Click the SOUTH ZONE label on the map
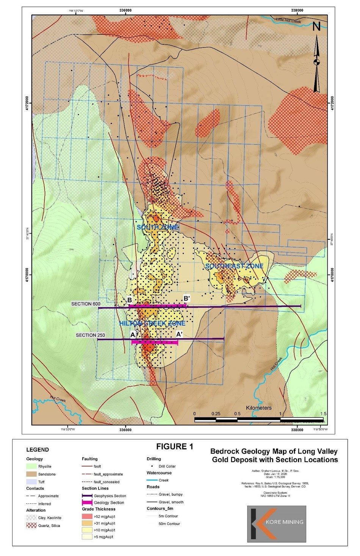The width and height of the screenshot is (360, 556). pyautogui.click(x=157, y=227)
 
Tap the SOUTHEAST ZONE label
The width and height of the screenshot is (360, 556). pyautogui.click(x=234, y=266)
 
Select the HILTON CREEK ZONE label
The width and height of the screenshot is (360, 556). pyautogui.click(x=152, y=323)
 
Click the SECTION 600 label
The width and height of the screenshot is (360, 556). pyautogui.click(x=86, y=304)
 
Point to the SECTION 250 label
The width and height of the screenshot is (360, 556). pyautogui.click(x=90, y=335)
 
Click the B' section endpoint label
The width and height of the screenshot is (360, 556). pyautogui.click(x=186, y=298)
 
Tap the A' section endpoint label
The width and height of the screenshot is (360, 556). pyautogui.click(x=180, y=334)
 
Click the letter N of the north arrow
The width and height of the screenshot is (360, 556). pyautogui.click(x=316, y=27)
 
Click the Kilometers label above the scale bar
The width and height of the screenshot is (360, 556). pyautogui.click(x=259, y=408)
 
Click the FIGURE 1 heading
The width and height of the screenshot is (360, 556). pyautogui.click(x=175, y=447)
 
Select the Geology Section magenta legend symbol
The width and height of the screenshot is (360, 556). pyautogui.click(x=87, y=503)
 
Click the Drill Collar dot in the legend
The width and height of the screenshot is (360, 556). pyautogui.click(x=152, y=466)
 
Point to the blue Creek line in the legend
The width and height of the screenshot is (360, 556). pyautogui.click(x=152, y=480)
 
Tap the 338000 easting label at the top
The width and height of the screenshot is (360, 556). pyautogui.click(x=297, y=11)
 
